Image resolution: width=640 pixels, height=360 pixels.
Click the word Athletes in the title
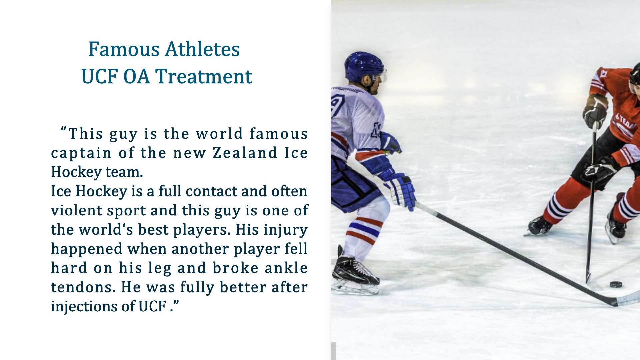point(202,49)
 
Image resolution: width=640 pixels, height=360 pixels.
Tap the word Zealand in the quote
point(245,153)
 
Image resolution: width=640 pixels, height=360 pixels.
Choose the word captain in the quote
point(81,153)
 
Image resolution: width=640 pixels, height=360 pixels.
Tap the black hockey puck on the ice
point(616,284)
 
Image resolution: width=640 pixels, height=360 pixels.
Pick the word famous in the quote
point(278,134)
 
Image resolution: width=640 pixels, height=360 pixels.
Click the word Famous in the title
point(124,49)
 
